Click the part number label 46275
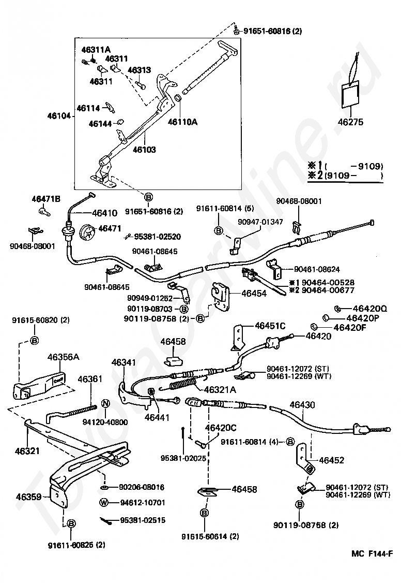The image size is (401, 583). [x=350, y=122]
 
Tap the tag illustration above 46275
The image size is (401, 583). [x=351, y=93]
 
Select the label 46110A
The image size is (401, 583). [x=183, y=122]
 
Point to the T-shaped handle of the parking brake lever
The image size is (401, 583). [x=228, y=49]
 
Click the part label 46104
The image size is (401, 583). [x=58, y=115]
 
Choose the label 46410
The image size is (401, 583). [x=104, y=213]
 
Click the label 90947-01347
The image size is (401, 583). [x=260, y=222]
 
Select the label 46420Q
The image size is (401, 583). [x=370, y=308]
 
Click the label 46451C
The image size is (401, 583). [x=270, y=326]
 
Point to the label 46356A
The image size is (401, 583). [x=63, y=357]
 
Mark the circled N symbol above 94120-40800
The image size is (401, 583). [x=105, y=404]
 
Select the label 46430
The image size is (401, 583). [x=302, y=404]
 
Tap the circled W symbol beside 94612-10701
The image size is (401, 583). [x=104, y=503]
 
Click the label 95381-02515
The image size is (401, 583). [x=143, y=520]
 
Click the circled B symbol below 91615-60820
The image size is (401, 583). [x=34, y=340]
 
